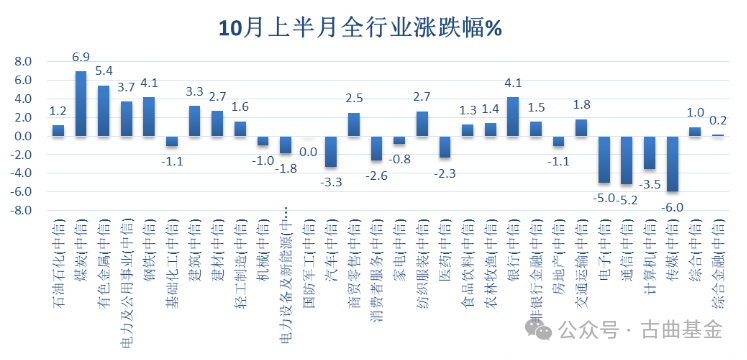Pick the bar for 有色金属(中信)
pos(103,110)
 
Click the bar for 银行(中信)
pos(513,116)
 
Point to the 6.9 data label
pos(81,56)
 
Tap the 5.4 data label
pos(103,71)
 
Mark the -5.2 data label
pos(625,199)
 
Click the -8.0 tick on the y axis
pos(20,211)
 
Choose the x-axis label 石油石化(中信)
pos(58,250)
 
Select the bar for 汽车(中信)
pos(331,151)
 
